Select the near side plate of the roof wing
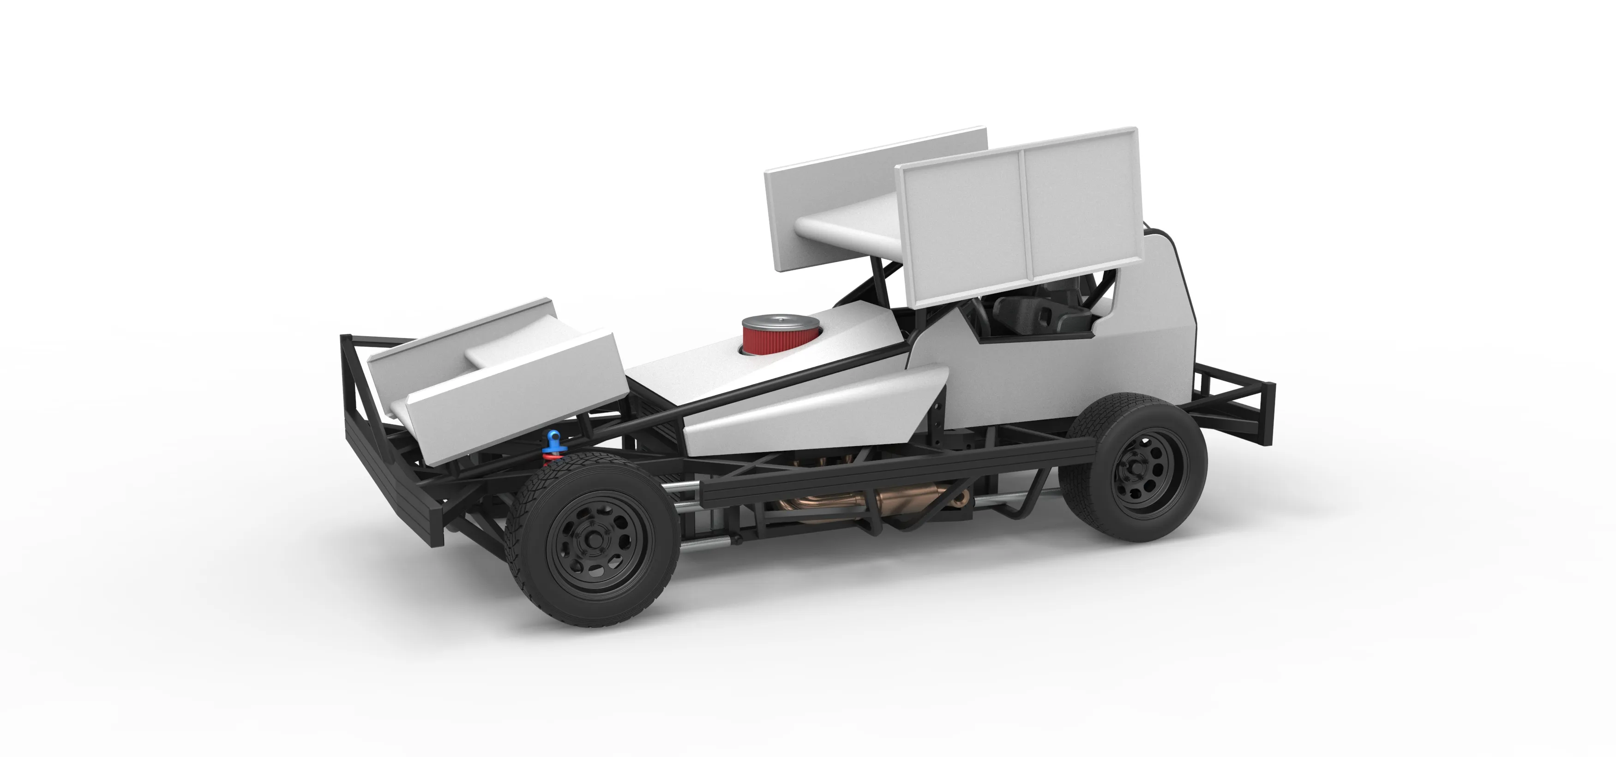tap(1016, 220)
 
